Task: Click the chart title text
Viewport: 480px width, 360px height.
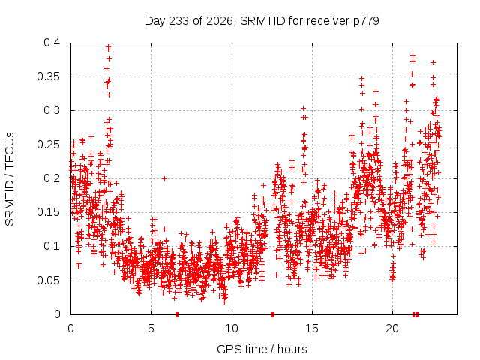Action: point(262,21)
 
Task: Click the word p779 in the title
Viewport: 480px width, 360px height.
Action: point(366,21)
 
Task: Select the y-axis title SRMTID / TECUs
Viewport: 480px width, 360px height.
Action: point(10,179)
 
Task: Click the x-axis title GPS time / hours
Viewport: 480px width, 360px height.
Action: point(262,349)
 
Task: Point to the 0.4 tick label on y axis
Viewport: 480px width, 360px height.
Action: point(52,43)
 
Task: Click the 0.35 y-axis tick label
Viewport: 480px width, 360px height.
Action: point(48,76)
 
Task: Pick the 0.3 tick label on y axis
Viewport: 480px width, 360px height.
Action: point(52,110)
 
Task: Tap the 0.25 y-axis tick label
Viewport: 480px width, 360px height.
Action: point(48,145)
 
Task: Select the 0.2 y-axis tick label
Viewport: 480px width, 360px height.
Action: point(52,178)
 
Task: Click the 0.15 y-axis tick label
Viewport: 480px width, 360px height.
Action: point(48,212)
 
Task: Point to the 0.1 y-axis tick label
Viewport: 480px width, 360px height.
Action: point(52,246)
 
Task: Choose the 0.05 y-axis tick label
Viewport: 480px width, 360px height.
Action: point(48,280)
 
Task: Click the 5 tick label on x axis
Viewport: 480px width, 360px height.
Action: point(151,328)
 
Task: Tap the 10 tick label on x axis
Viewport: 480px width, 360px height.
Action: point(232,328)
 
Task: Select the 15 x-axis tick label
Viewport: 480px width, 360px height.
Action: point(312,328)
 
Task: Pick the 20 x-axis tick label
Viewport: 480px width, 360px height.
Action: point(392,328)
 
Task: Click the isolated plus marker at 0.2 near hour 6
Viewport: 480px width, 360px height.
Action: point(165,178)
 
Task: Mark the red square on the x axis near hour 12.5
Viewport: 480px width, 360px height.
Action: point(273,314)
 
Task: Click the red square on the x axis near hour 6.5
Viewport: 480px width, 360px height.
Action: point(177,314)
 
